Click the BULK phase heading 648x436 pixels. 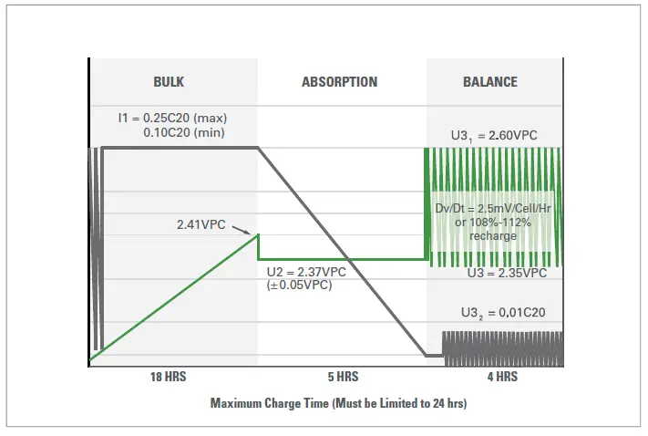pyautogui.click(x=169, y=82)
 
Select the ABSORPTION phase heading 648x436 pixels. pyautogui.click(x=339, y=82)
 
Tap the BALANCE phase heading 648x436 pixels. pyautogui.click(x=490, y=82)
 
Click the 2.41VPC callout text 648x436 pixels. pyautogui.click(x=201, y=223)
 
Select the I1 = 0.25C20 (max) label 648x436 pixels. pyautogui.click(x=171, y=118)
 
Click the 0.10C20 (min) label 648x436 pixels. pyautogui.click(x=185, y=132)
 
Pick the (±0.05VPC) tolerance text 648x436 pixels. pyautogui.click(x=299, y=285)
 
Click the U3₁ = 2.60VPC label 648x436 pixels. pyautogui.click(x=494, y=135)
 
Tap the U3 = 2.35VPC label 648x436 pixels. pyautogui.click(x=507, y=273)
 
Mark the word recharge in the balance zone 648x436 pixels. pyautogui.click(x=495, y=236)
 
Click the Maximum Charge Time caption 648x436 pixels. pyautogui.click(x=339, y=402)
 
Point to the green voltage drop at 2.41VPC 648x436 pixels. pyautogui.click(x=258, y=247)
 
